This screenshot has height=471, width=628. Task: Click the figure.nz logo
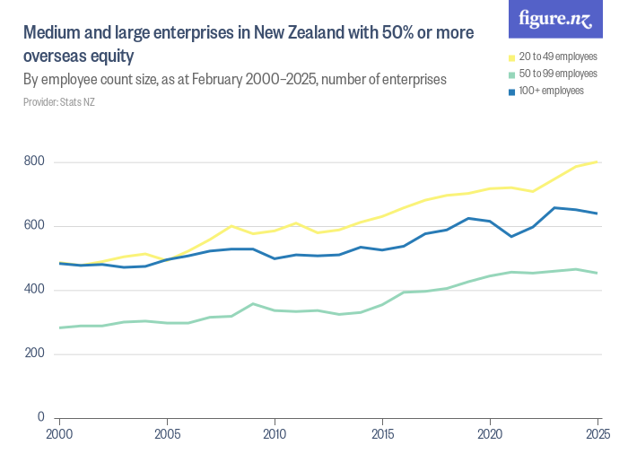click(555, 20)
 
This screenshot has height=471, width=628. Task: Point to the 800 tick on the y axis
click(35, 162)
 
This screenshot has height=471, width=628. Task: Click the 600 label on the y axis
click(35, 226)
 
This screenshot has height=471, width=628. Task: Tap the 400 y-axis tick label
click(35, 290)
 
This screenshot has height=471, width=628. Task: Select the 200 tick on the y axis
click(35, 353)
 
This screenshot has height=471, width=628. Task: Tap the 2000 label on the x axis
click(60, 433)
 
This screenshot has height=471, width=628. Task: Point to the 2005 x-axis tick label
click(168, 433)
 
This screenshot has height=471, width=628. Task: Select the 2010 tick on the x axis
click(275, 433)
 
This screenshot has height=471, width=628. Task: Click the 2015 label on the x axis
click(383, 433)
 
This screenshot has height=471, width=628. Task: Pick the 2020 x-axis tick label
click(490, 433)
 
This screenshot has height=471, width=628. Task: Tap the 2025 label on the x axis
click(595, 433)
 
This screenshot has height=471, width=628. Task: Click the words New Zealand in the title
click(296, 34)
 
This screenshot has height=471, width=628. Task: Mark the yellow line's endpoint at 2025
click(597, 161)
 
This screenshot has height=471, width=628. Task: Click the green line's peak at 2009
click(254, 303)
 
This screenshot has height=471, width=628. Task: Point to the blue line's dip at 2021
click(511, 236)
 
